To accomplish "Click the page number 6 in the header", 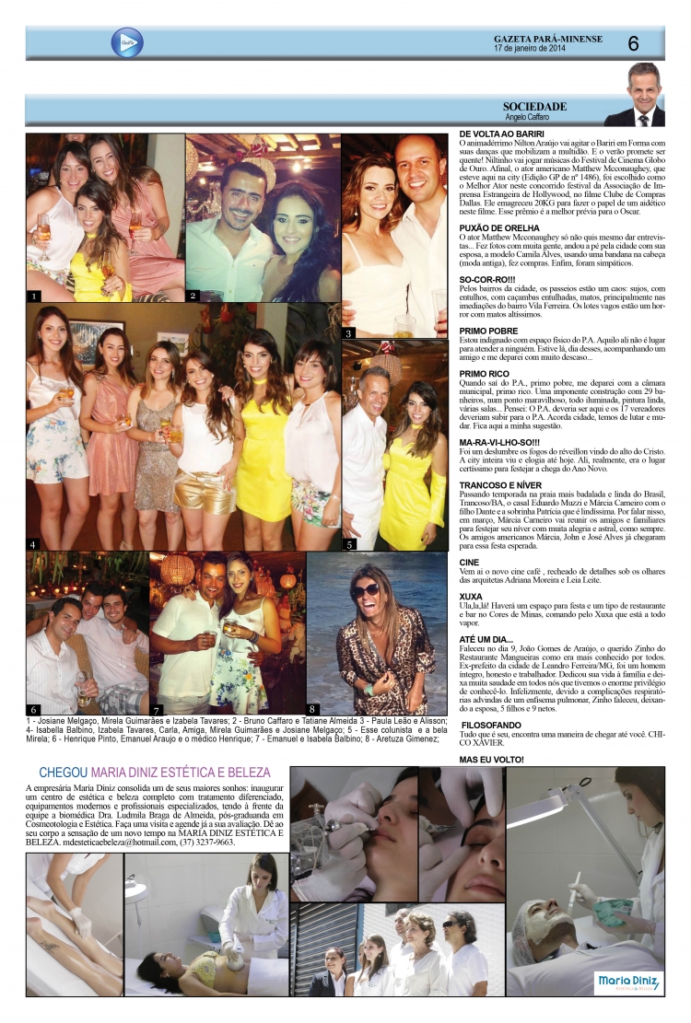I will pyautogui.click(x=634, y=42).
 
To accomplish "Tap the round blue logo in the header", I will pyautogui.click(x=126, y=42).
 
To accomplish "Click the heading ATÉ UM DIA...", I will pyautogui.click(x=488, y=638).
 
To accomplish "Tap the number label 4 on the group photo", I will pyautogui.click(x=32, y=543).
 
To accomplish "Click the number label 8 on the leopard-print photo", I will pyautogui.click(x=313, y=709).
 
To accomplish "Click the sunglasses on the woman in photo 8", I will pyautogui.click(x=366, y=590).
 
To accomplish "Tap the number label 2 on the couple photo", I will pyautogui.click(x=193, y=296).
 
